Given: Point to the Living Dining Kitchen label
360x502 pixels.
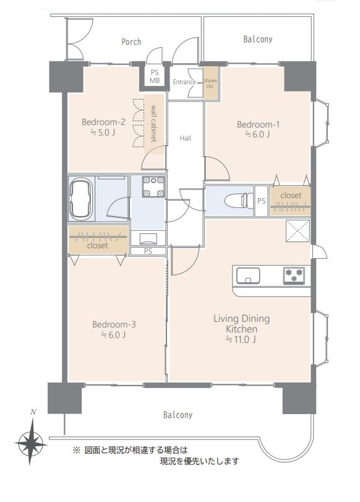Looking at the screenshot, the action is coord(242,329).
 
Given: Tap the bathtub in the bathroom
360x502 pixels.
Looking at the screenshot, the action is coord(81,199).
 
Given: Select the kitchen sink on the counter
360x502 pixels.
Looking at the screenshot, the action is coord(248,275).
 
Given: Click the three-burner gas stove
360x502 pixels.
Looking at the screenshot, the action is coord(294,275).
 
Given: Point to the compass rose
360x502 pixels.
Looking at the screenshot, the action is coord(31,443).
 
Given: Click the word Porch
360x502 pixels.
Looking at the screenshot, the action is coord(131,41).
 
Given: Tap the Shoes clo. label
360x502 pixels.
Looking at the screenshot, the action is coord(210,83).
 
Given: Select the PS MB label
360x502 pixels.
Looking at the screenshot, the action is coord(155,77).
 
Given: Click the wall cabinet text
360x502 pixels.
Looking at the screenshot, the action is coord(153,123).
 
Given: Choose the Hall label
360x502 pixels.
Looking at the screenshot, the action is coord(186,138).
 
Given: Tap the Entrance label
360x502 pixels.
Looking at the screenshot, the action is coord(184,82).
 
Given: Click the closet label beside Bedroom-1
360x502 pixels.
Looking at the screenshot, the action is coord(291,196).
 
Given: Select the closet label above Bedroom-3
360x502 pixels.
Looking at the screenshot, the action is coord(97,246).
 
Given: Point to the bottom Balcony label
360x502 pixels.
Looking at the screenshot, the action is coord(178,415).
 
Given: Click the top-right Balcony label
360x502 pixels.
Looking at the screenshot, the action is coord(257,40).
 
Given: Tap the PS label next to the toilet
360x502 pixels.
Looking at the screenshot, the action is coord(262,201).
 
